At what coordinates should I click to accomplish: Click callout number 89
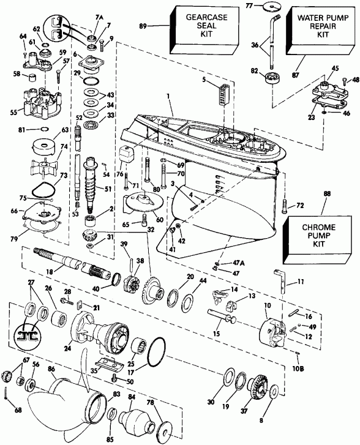pos(161,26)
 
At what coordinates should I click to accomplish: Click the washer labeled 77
pos(268,7)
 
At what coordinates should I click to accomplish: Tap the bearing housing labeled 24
pos(98,334)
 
